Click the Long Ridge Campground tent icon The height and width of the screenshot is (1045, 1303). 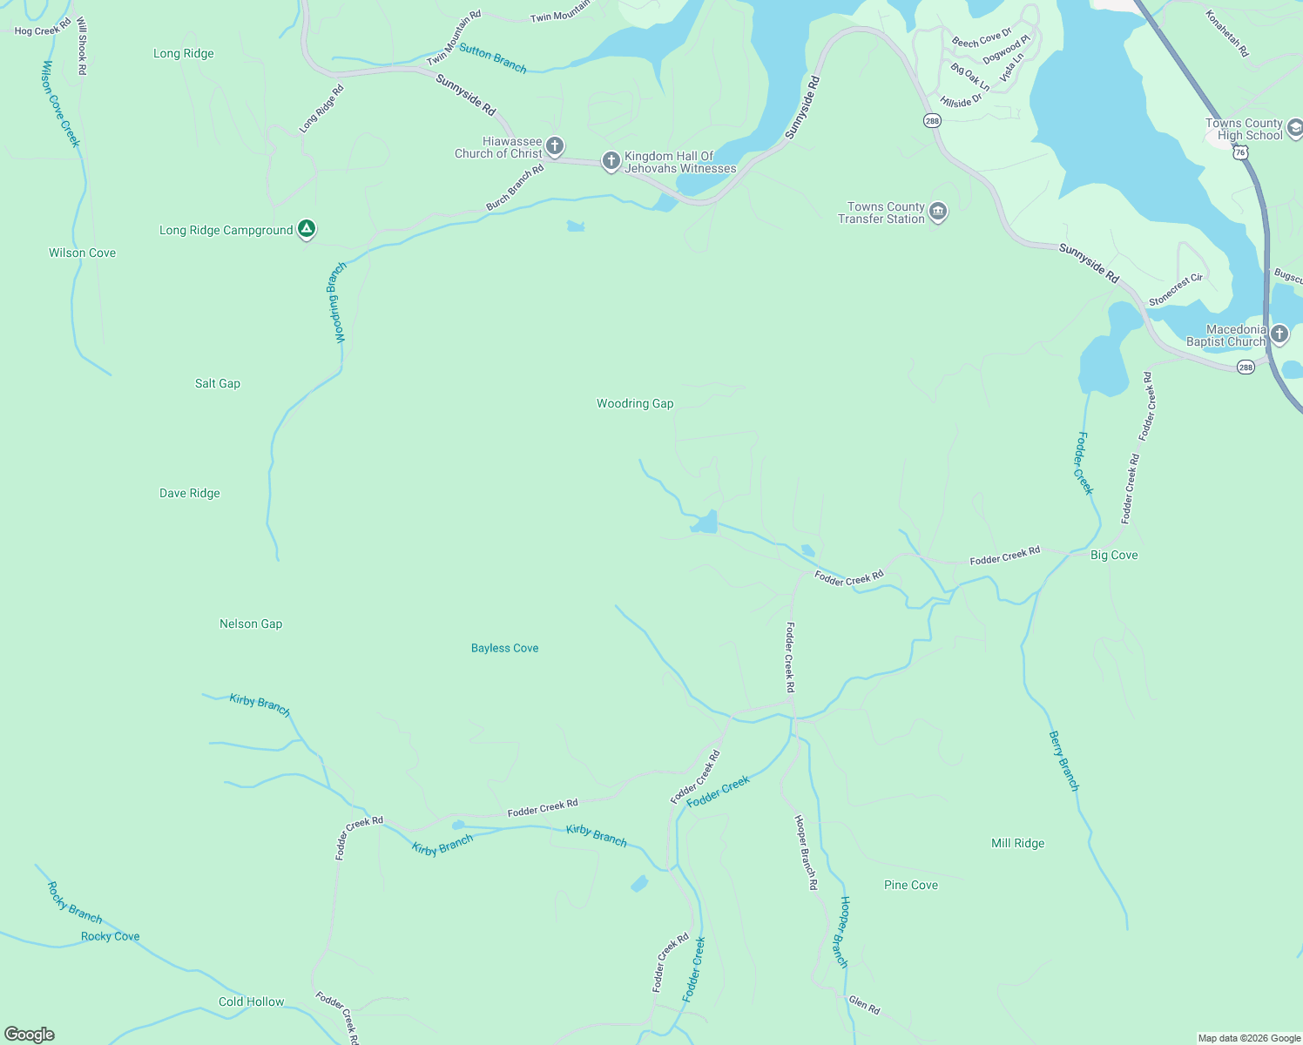[306, 229]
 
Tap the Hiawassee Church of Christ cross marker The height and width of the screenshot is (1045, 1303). [555, 146]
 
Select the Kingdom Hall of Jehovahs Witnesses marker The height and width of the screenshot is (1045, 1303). [611, 160]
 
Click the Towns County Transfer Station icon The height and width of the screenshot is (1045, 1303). [938, 212]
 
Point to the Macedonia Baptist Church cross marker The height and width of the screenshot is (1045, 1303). [1279, 334]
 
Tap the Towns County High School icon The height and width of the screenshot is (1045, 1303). [1295, 129]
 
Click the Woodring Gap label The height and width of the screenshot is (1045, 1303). [635, 403]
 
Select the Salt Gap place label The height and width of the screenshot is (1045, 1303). [217, 383]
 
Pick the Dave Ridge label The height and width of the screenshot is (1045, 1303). [190, 493]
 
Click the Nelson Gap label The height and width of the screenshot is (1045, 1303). [251, 624]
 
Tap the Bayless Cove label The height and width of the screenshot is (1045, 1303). [504, 648]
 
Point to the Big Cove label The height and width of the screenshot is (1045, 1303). [1114, 555]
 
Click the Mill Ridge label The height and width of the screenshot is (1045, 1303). [1017, 843]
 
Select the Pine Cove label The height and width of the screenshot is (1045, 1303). [911, 885]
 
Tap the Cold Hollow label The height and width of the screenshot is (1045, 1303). [251, 1001]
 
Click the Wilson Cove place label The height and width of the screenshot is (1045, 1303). [82, 253]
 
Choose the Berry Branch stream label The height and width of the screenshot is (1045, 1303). [1063, 761]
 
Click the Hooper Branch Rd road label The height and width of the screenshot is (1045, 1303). [806, 852]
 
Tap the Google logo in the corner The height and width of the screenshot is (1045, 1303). [30, 1035]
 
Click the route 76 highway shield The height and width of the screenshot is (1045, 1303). [1241, 152]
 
